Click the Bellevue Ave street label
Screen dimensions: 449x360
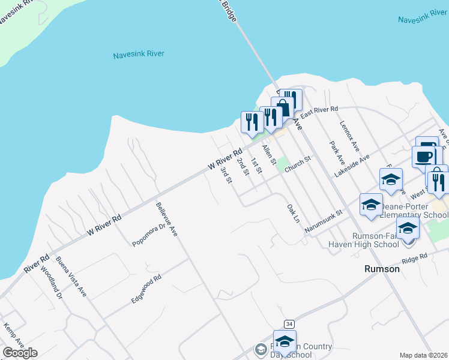click(x=167, y=220)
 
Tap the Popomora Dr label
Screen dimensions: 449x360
click(x=149, y=235)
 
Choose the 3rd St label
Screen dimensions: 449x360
click(x=226, y=176)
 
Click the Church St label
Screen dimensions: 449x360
click(x=299, y=163)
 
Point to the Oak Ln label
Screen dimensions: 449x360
click(x=292, y=214)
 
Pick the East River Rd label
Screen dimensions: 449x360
click(x=319, y=112)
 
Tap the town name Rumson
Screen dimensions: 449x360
click(x=382, y=269)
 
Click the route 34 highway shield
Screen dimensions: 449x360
click(x=289, y=324)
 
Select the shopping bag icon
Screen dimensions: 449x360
click(x=283, y=107)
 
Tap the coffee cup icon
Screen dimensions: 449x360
click(x=424, y=156)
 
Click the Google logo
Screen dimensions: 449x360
click(x=20, y=353)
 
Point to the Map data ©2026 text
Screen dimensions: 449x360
click(x=423, y=355)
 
